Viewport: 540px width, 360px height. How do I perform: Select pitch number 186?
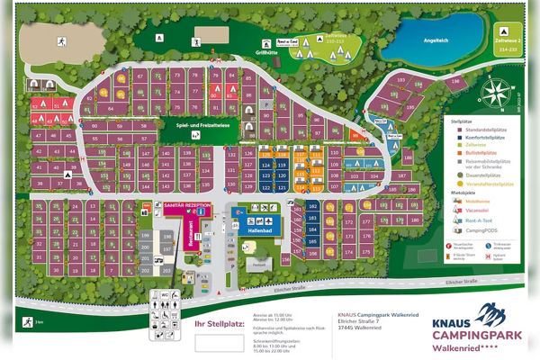point(407,157)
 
